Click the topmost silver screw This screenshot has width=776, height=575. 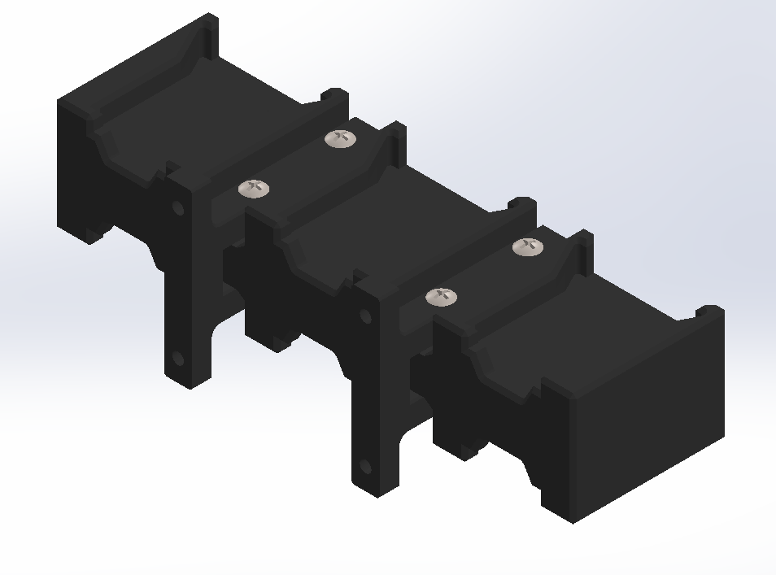341,139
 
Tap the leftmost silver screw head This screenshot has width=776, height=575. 254,189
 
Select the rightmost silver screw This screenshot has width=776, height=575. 529,247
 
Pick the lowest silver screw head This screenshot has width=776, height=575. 441,297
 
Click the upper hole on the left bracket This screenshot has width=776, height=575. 177,208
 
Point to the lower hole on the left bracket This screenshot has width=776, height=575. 177,358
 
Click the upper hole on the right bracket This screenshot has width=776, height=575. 365,316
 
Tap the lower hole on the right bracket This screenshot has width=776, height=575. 365,467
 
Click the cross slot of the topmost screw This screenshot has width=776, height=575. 341,138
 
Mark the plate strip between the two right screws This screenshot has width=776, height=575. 485,272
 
